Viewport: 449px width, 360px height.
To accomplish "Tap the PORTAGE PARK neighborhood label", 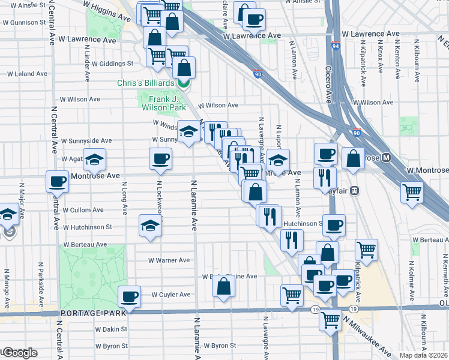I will (93, 313).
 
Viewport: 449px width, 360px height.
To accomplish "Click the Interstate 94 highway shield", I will (335, 46).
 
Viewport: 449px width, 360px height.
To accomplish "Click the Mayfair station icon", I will (355, 191).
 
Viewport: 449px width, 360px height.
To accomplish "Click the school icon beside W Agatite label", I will (95, 159).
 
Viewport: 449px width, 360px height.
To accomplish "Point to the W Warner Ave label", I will (169, 260).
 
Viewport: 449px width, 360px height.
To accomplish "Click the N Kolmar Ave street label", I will (411, 277).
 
